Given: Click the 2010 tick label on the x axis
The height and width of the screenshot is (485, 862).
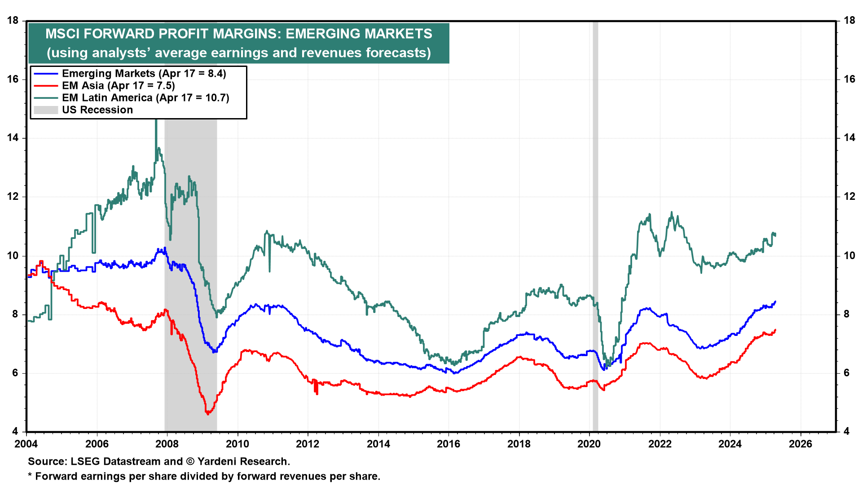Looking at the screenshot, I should pos(237,444).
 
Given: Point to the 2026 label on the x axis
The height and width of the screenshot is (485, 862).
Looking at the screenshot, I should pos(800,444).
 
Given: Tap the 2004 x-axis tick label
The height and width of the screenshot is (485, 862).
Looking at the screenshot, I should pos(26,444).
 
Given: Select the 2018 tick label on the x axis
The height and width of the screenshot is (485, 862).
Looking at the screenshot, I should pos(519,444).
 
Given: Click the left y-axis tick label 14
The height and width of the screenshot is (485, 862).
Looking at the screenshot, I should pos(13,138).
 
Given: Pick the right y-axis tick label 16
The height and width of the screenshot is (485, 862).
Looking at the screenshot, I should pos(849,79).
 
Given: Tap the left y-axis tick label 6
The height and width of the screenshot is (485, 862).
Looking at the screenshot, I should pos(15,373).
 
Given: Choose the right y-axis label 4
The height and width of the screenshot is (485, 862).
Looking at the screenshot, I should pos(846,432).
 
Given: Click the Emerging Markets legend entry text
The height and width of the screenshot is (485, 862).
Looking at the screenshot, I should pos(144,74).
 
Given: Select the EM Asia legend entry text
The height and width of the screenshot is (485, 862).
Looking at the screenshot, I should pos(118,86).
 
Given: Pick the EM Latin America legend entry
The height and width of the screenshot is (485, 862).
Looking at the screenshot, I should pos(145,98).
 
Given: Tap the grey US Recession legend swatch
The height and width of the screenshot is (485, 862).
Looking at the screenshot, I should pos(46,110).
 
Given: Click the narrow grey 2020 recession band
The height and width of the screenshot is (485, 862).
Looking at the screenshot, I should pos(595,225).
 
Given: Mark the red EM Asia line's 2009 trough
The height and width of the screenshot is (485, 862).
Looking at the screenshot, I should pos(207,414).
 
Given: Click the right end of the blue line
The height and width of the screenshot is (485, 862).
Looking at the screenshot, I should pos(775,301).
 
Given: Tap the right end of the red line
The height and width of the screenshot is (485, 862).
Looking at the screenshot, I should pos(775,330).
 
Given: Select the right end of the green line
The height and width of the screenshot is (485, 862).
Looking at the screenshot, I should pos(775,234).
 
